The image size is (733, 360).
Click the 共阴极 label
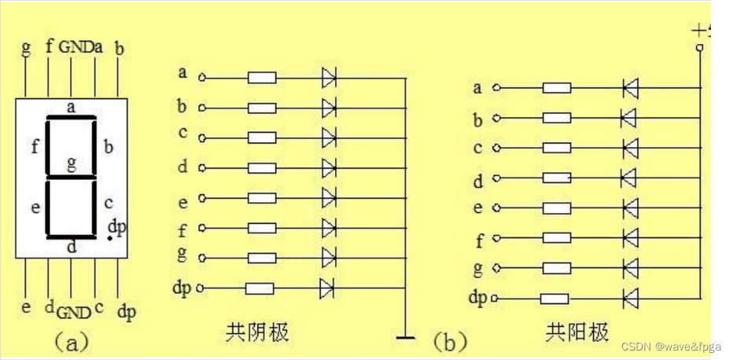[x=257, y=332]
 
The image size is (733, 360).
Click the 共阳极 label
[x=578, y=332]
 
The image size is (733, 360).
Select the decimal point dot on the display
[x=109, y=238]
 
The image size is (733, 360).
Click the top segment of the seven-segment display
[x=72, y=118]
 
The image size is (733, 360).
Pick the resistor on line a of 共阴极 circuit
[x=261, y=77]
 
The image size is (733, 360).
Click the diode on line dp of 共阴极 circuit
[x=328, y=288]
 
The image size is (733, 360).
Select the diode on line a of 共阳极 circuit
[x=629, y=88]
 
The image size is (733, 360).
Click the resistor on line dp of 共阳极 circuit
[x=555, y=299]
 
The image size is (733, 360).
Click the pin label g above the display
[x=26, y=47]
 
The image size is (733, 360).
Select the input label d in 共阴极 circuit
[x=182, y=167]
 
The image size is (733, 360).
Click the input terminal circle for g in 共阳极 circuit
[x=495, y=269]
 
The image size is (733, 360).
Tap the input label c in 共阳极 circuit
[x=477, y=148]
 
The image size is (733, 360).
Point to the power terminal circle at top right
[x=699, y=48]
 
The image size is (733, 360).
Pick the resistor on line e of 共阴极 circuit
[x=261, y=198]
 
